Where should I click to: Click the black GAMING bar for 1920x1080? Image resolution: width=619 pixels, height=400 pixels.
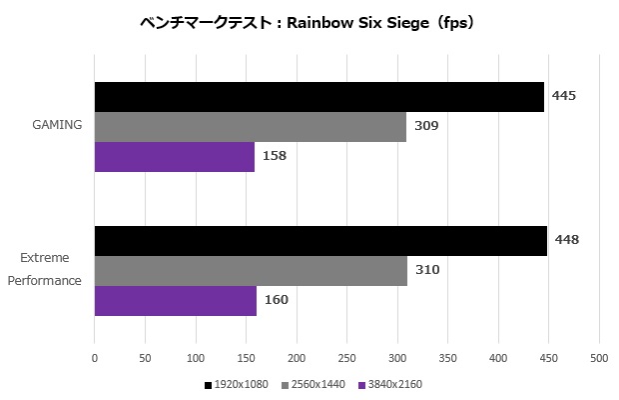click(319, 97)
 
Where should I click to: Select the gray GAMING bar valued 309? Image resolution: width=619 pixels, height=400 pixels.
click(251, 127)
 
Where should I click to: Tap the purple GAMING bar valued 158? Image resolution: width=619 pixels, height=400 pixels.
click(175, 157)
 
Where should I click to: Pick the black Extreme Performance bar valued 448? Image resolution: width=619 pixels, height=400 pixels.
click(320, 241)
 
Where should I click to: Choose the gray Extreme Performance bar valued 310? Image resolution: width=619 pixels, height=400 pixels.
click(251, 271)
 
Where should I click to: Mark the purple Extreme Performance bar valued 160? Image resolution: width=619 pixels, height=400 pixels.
click(176, 301)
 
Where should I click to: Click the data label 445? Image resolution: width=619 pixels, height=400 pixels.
click(564, 96)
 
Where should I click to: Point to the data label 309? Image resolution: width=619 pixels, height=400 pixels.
click(426, 126)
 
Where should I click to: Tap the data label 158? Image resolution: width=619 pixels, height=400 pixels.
click(275, 156)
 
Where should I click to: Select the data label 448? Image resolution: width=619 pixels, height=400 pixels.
click(567, 240)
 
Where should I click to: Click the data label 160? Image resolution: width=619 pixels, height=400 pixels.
click(277, 299)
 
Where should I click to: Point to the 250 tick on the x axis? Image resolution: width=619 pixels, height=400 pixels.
click(346, 356)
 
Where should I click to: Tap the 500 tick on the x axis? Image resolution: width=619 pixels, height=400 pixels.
click(598, 356)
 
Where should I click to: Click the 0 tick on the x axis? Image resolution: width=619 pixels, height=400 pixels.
click(95, 356)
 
